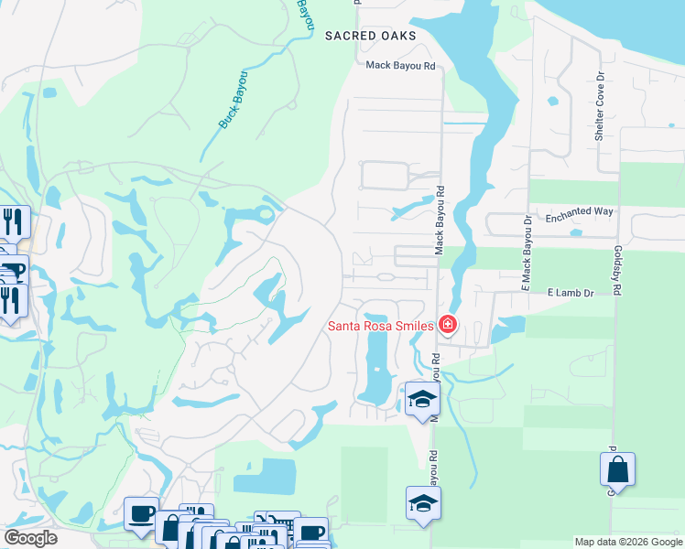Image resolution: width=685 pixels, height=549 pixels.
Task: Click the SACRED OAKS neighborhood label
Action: [x=369, y=36]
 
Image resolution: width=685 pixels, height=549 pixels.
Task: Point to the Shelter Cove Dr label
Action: [x=600, y=108]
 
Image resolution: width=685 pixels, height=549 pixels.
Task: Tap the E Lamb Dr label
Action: [x=571, y=293]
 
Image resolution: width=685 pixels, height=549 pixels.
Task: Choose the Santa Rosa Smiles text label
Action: [x=382, y=326]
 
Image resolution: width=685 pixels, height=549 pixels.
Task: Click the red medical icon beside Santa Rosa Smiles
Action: [x=447, y=324]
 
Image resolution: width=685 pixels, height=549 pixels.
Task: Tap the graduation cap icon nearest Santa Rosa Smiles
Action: [x=422, y=399]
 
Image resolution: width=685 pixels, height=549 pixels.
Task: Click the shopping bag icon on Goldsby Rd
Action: [x=617, y=469]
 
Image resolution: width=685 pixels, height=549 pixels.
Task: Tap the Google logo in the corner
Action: [x=31, y=537]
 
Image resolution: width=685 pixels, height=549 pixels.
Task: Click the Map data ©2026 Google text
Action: [x=627, y=542]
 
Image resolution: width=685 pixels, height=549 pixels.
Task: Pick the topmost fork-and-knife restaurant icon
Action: [x=14, y=221]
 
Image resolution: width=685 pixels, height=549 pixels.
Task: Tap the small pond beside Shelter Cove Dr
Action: [x=552, y=101]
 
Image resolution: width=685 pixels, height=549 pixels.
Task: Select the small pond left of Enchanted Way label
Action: [x=576, y=232]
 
